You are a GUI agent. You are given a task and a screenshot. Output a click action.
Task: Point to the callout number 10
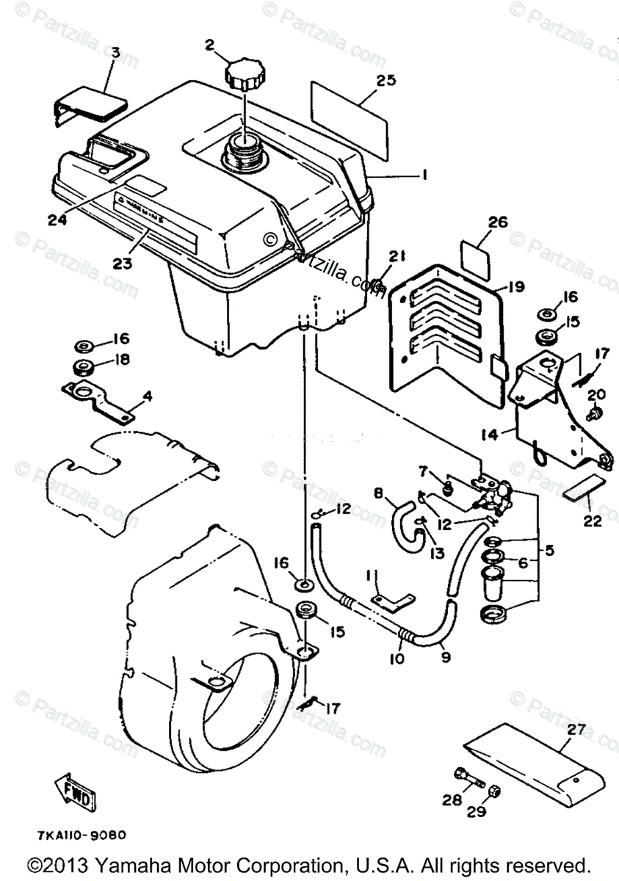(x=397, y=659)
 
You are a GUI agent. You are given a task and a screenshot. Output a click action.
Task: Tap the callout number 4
(x=148, y=396)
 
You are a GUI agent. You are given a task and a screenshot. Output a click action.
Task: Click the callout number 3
(x=115, y=54)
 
